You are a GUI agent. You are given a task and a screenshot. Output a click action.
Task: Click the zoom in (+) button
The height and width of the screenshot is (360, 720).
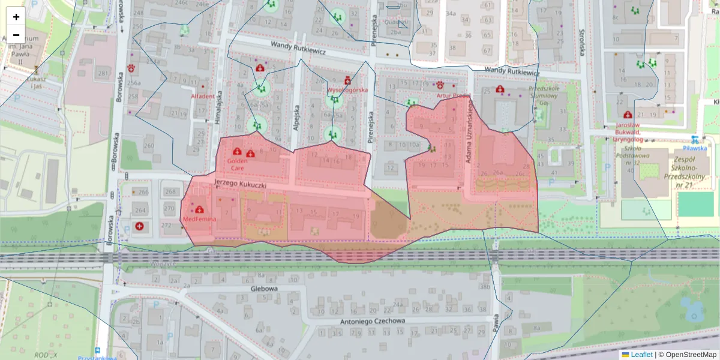pos(16,17)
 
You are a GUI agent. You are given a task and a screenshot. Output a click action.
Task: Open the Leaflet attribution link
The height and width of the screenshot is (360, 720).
pos(641,355)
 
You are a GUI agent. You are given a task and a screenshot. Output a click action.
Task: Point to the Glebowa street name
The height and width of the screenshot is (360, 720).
pos(265,289)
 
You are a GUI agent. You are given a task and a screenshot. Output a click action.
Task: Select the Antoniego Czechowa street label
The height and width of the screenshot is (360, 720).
pos(373,320)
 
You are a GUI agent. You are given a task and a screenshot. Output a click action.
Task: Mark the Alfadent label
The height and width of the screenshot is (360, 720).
pos(202,97)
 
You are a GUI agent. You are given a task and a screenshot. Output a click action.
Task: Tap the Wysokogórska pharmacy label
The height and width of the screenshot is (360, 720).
pos(347,90)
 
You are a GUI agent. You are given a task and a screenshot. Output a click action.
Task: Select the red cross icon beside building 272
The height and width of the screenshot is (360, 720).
pos(139,226)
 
